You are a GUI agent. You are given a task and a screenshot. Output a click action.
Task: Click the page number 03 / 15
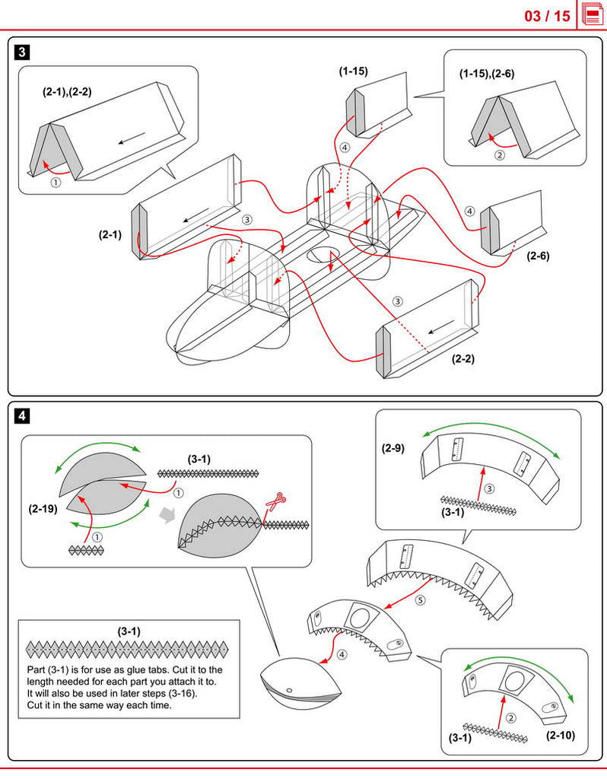point(547,15)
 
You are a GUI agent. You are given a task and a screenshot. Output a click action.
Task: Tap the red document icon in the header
point(593,14)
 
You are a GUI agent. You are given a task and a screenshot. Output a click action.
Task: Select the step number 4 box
point(24,416)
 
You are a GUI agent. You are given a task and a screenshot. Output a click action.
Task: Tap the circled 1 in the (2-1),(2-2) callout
point(55,182)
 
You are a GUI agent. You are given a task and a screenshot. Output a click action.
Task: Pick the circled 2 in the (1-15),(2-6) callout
point(500,154)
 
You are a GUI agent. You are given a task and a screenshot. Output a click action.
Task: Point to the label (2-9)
point(392,448)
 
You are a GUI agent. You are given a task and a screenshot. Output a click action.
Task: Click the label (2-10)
point(561,736)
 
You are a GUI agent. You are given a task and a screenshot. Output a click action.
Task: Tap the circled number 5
point(420,600)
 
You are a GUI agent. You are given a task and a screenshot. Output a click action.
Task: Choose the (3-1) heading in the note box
point(129,631)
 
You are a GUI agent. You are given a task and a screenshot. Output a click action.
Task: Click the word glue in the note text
point(152,670)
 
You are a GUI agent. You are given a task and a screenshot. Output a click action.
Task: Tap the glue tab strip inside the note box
point(127,649)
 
